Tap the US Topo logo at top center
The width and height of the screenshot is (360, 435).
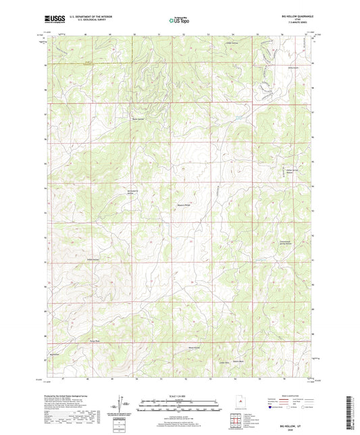tap(179, 20)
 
